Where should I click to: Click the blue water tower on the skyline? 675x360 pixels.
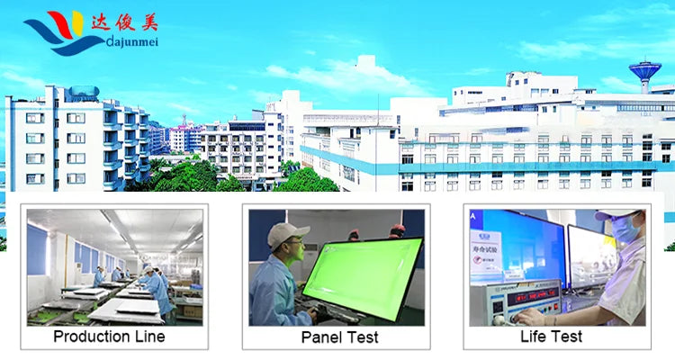[644, 71]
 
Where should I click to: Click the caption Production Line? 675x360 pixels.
[109, 337]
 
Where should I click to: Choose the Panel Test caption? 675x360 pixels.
[339, 337]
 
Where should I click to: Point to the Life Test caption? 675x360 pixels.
[551, 337]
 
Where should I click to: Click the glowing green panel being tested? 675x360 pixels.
[361, 270]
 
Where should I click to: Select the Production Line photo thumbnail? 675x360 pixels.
[114, 266]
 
